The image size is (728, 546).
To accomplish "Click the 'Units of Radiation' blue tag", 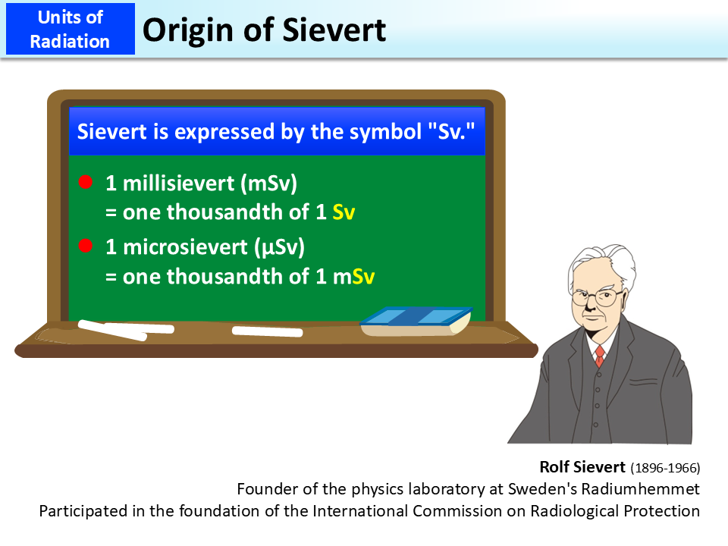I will pyautogui.click(x=70, y=29).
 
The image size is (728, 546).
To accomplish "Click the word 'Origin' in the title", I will pyautogui.click(x=186, y=30).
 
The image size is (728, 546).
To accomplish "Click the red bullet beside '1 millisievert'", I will pyautogui.click(x=86, y=182).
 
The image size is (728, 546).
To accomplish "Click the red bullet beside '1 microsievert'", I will pyautogui.click(x=86, y=246).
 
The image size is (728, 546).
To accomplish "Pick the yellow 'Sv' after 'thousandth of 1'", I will pyautogui.click(x=344, y=213).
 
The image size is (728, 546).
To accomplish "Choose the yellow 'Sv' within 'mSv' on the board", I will pyautogui.click(x=364, y=277).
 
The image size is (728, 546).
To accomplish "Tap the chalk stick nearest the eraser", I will pyautogui.click(x=267, y=331).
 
